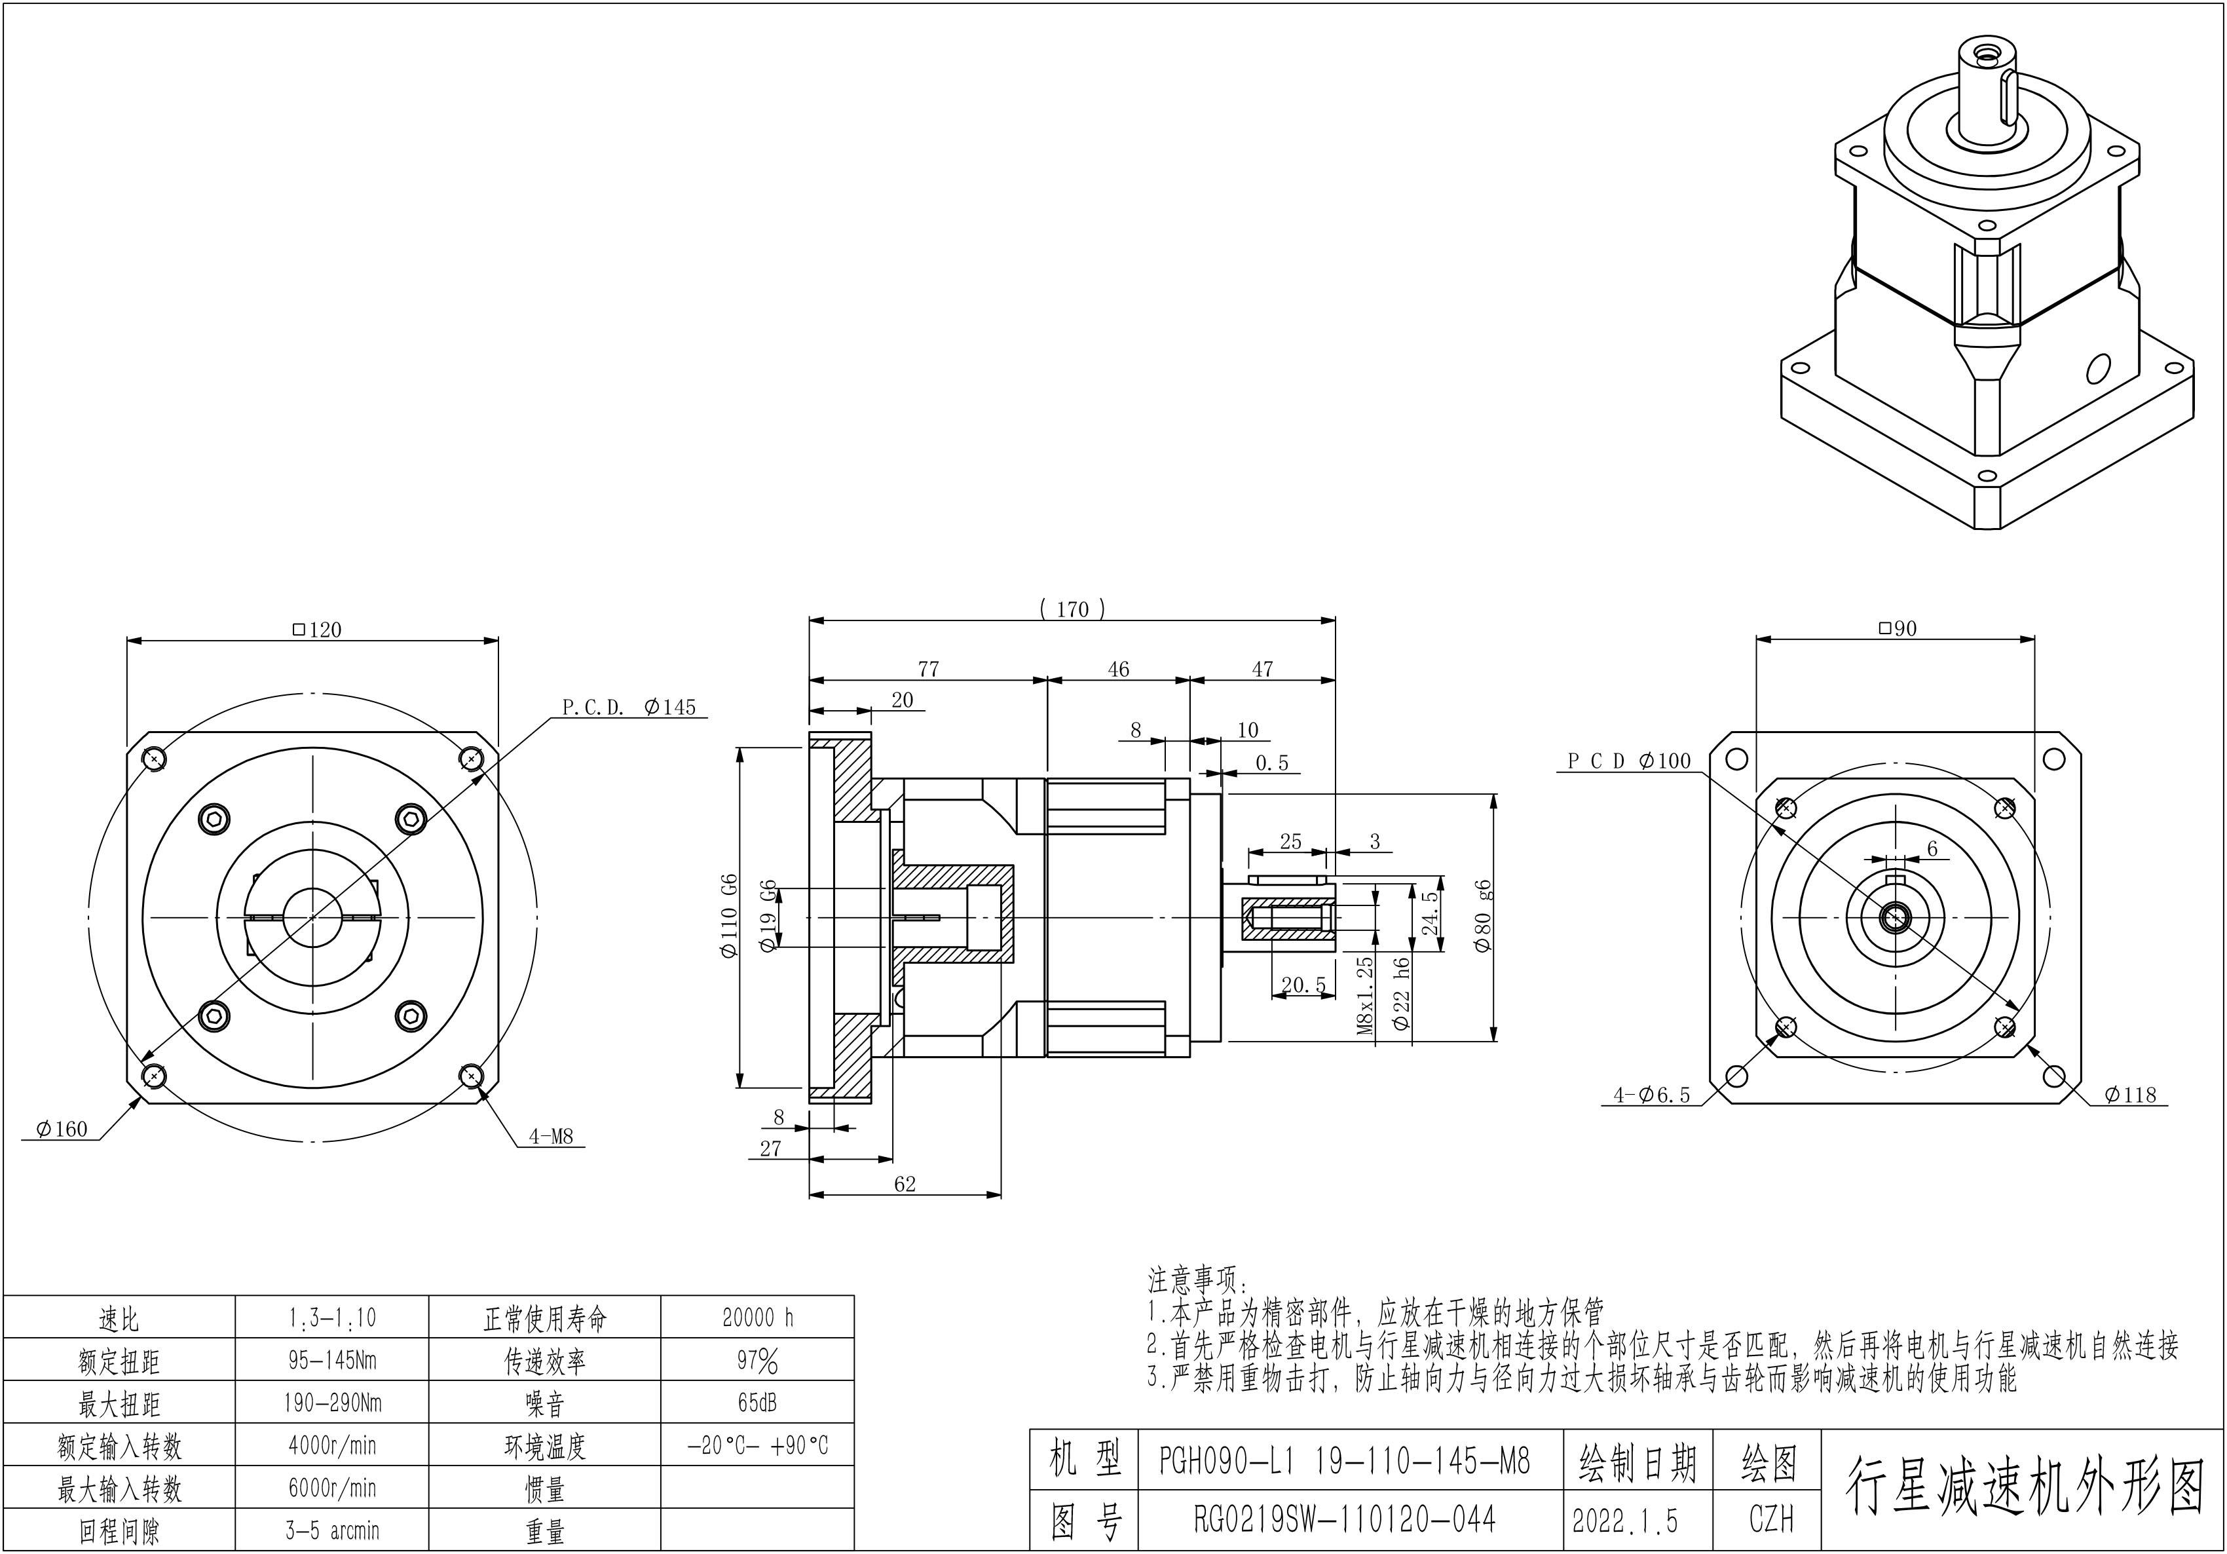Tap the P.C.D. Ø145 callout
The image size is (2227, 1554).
pyautogui.click(x=629, y=707)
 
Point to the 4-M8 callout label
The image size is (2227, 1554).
pyautogui.click(x=551, y=1136)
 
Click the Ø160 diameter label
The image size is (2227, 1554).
pyautogui.click(x=61, y=1128)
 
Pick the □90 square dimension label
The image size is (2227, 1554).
pyautogui.click(x=1898, y=628)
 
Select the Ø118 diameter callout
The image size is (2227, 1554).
pyautogui.click(x=2130, y=1095)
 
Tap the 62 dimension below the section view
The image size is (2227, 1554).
pyautogui.click(x=904, y=1183)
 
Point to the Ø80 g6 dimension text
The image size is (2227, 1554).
pyautogui.click(x=1483, y=917)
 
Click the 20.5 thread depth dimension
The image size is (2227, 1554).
pyautogui.click(x=1303, y=985)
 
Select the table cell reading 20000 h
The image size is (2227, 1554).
pyautogui.click(x=758, y=1317)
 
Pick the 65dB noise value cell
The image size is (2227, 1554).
pyautogui.click(x=758, y=1403)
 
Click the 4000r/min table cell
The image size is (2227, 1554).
pyautogui.click(x=331, y=1445)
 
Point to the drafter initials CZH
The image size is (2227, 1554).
pyautogui.click(x=1771, y=1519)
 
